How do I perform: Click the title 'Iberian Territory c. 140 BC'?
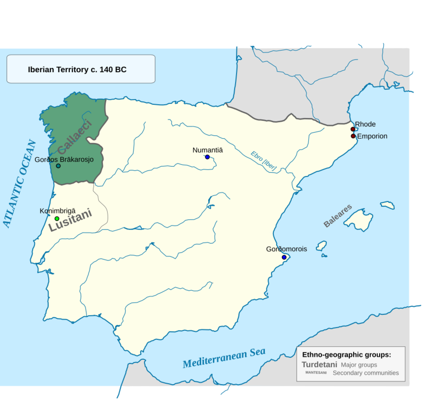(77, 69)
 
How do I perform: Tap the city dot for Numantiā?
(207, 157)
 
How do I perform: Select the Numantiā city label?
(207, 150)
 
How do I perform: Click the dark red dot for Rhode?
(353, 129)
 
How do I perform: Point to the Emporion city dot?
(353, 136)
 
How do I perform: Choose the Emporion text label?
(372, 136)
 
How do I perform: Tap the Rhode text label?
(365, 124)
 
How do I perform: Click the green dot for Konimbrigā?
(57, 219)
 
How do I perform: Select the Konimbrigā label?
(58, 211)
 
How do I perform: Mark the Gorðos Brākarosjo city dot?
(58, 166)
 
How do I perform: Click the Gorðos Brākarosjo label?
(64, 159)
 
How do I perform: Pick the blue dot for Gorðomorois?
(284, 257)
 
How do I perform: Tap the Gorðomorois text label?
(287, 249)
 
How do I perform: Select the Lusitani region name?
(70, 220)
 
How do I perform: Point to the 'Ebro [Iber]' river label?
(264, 161)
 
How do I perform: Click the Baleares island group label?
(337, 215)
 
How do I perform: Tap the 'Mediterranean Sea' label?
(224, 358)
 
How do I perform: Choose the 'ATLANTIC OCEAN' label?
(19, 184)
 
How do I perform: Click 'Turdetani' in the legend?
(319, 364)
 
